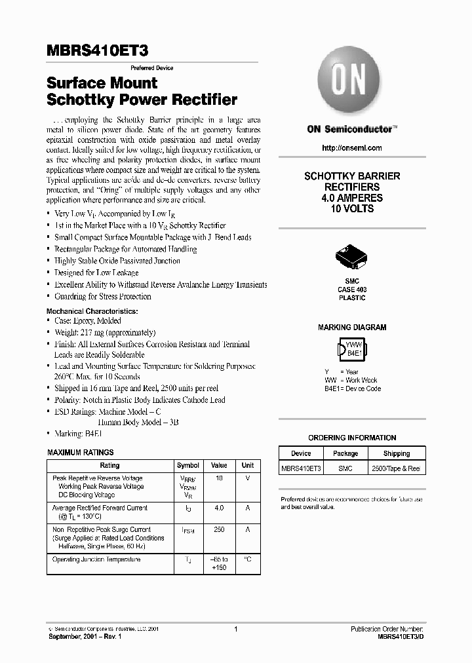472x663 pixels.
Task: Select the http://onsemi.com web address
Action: click(x=352, y=148)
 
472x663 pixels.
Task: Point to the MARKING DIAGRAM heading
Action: click(x=352, y=327)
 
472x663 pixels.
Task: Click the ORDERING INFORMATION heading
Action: click(x=352, y=438)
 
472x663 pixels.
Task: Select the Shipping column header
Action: click(x=396, y=453)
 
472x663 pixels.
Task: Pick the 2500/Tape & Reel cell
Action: click(x=396, y=468)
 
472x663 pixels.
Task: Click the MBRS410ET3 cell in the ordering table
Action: click(x=301, y=468)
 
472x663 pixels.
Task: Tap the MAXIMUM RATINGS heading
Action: click(x=81, y=453)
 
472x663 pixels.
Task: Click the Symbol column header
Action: click(x=188, y=465)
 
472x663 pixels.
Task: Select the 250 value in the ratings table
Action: click(x=219, y=529)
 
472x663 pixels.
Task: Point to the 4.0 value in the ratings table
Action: click(x=219, y=508)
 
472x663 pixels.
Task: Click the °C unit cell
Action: click(x=248, y=559)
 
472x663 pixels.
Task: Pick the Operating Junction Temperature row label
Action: click(x=96, y=559)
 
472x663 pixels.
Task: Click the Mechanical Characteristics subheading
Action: click(x=92, y=311)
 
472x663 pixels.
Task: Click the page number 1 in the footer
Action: click(x=235, y=629)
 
